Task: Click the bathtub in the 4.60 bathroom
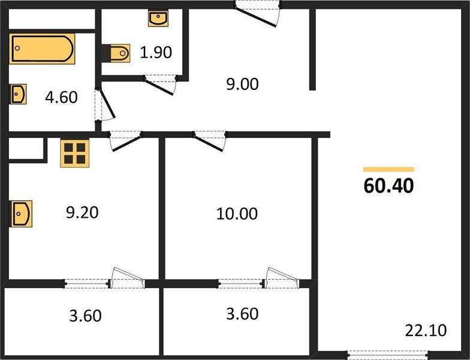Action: click(x=42, y=49)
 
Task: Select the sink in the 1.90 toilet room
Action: click(x=158, y=18)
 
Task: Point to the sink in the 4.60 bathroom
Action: click(x=18, y=94)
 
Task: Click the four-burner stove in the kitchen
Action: click(x=74, y=154)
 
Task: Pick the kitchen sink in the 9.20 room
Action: click(x=21, y=214)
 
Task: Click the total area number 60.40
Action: click(x=388, y=186)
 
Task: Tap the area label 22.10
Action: click(x=426, y=330)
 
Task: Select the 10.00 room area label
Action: click(x=237, y=214)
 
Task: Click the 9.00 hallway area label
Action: click(x=242, y=84)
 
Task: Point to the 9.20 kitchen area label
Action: click(x=82, y=212)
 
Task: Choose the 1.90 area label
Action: click(x=156, y=52)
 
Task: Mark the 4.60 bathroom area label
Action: click(x=61, y=97)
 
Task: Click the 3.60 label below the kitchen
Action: click(x=85, y=316)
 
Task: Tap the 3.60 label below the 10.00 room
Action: click(x=242, y=314)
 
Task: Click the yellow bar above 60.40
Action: click(x=388, y=169)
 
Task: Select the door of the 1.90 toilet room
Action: click(x=161, y=85)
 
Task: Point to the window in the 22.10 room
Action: click(x=388, y=355)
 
